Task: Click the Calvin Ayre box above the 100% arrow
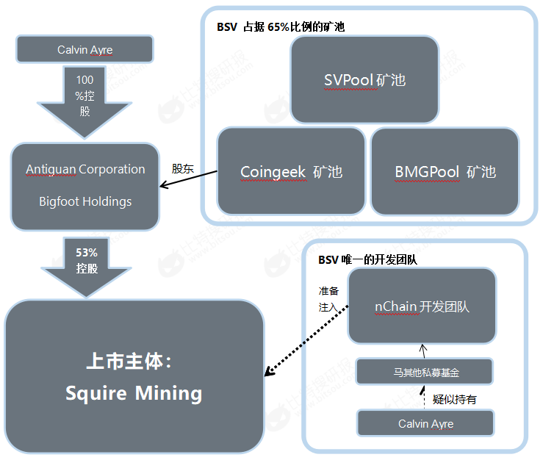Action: [84, 49]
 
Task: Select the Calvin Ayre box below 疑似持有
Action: [425, 423]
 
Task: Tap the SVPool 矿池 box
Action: [364, 80]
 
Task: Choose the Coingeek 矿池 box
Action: [291, 171]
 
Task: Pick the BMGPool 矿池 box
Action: [445, 171]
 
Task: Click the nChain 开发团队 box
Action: [422, 306]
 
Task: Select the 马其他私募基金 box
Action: [425, 372]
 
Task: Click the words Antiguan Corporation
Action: [85, 170]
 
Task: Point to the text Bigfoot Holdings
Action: [85, 201]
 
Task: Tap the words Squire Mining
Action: [134, 393]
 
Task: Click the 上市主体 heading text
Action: [129, 362]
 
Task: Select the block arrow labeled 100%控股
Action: [84, 103]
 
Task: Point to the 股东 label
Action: [182, 169]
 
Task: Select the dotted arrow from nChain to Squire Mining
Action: [306, 340]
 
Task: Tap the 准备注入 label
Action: [328, 299]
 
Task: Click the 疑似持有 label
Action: [454, 400]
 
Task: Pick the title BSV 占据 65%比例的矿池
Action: [281, 26]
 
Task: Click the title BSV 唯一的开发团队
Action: [367, 259]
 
